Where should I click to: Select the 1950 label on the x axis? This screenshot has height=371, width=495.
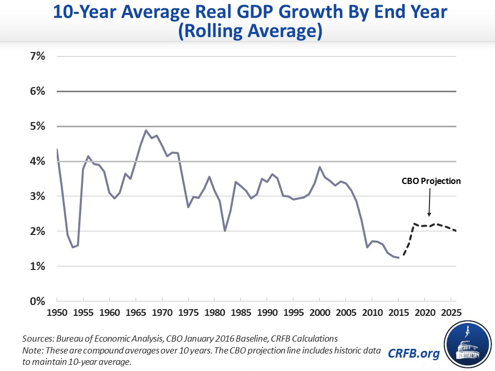[57, 313]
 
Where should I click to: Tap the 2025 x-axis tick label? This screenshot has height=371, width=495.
[452, 313]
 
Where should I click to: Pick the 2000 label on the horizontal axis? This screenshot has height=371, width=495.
[320, 313]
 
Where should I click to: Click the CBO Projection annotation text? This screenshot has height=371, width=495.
[431, 181]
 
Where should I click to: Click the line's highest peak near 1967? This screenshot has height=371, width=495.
[146, 130]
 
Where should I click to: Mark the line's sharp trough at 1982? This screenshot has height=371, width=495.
[225, 231]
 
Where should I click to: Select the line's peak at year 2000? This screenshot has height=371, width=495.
[320, 167]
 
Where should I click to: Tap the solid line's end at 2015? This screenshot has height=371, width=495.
[399, 258]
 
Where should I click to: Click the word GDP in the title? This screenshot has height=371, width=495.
[246, 13]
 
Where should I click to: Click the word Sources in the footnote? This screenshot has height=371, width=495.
[38, 339]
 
